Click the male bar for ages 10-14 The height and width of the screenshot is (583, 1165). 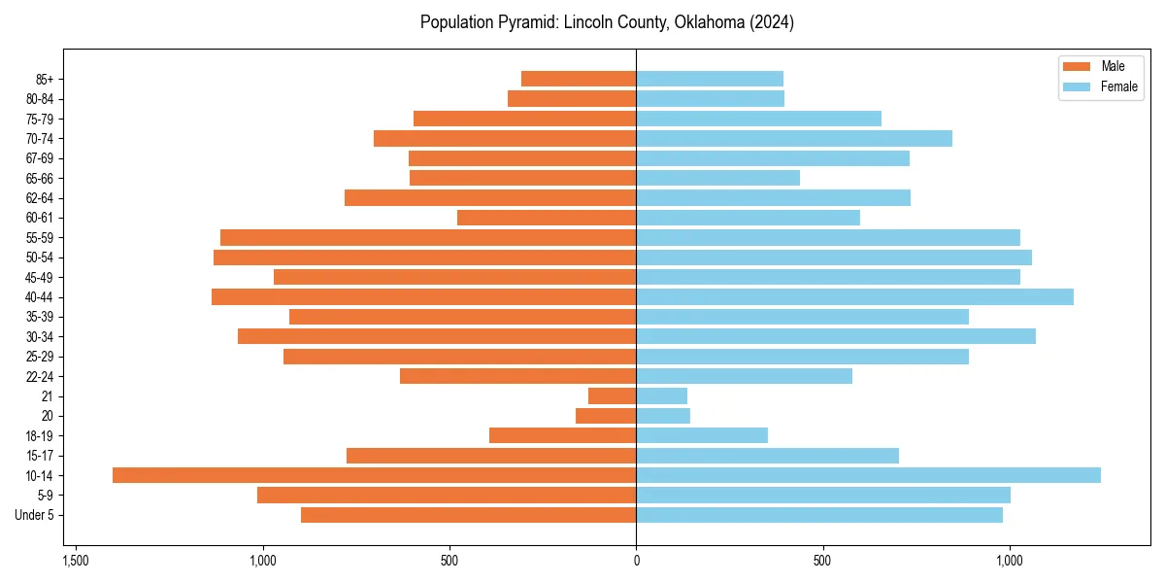(374, 475)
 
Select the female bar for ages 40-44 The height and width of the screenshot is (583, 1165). (854, 297)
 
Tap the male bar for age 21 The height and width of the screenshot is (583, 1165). (612, 396)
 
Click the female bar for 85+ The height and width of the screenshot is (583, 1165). (710, 79)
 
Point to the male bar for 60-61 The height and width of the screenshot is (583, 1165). (547, 218)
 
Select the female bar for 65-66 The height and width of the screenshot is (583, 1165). (717, 178)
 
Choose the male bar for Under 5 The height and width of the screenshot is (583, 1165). (468, 515)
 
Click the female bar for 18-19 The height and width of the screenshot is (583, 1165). (702, 435)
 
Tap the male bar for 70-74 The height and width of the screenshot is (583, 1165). (505, 139)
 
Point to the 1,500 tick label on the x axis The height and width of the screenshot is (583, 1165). (76, 561)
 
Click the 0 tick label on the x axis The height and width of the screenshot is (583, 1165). (636, 561)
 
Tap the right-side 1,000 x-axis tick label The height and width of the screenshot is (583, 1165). (1010, 561)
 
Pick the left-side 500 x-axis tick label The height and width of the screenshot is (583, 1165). (449, 561)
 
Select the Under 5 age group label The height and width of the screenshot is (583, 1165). (34, 515)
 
